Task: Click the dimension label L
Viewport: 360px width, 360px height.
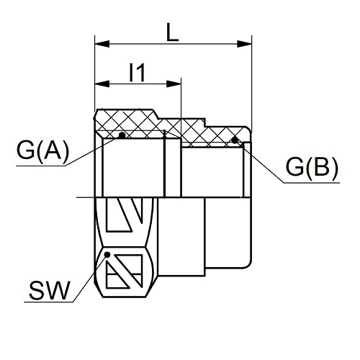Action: point(173,32)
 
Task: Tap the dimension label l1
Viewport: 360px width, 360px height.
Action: point(138,72)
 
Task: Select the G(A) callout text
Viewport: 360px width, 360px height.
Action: point(42,150)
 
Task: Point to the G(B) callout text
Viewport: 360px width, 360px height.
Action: point(312,167)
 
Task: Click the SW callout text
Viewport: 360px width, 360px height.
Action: point(50,290)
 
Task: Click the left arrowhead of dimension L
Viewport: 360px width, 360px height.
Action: point(102,44)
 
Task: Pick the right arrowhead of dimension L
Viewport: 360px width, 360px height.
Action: point(244,44)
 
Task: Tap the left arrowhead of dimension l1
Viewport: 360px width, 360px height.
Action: point(102,84)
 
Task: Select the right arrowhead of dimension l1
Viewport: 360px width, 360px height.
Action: point(174,84)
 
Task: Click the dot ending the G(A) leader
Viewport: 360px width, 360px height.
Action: point(122,135)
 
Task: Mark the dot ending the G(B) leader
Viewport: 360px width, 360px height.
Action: point(235,140)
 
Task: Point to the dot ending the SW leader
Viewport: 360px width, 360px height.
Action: point(107,254)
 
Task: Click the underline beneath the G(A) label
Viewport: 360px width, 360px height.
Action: point(41,166)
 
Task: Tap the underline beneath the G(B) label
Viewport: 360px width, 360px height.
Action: point(312,183)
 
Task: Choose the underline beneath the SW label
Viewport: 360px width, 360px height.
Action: point(49,302)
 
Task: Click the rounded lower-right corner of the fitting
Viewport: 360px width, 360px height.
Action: point(248,264)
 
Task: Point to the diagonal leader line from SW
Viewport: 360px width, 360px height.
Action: point(90,278)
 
